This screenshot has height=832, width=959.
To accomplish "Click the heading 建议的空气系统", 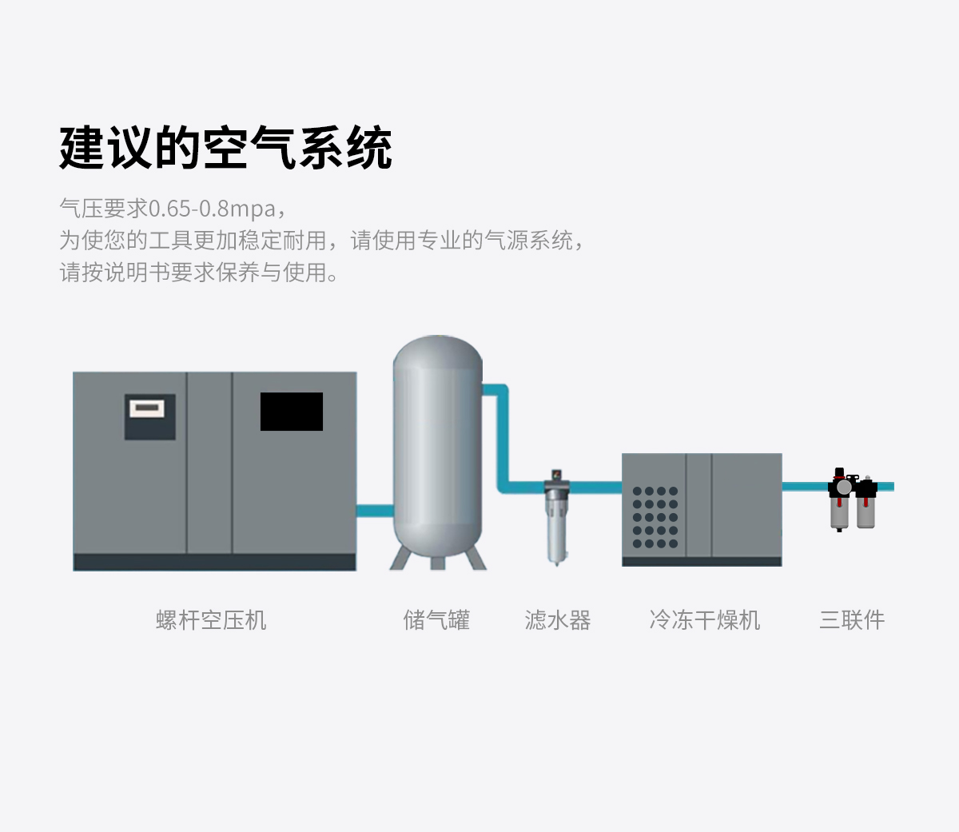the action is (x=225, y=147).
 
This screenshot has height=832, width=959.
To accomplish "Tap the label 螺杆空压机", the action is (x=212, y=620).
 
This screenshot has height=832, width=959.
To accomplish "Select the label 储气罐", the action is (x=436, y=620).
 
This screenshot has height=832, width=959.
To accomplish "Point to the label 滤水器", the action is (x=558, y=620).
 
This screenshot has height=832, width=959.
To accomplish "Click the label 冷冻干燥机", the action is (x=705, y=620).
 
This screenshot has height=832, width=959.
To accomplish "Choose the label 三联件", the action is (x=852, y=620).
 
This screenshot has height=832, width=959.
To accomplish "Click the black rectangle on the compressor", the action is (x=292, y=411).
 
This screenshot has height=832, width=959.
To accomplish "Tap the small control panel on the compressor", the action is (x=150, y=416).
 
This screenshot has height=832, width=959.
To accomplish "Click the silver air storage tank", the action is (x=438, y=445).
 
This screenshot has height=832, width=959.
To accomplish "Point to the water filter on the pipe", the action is (x=557, y=516).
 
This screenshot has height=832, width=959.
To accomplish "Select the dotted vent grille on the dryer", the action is (x=655, y=517).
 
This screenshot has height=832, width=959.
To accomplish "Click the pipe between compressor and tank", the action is (x=375, y=511).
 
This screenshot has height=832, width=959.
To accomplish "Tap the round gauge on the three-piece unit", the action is (x=844, y=488).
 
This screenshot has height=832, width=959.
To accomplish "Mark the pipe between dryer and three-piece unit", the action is (x=805, y=486).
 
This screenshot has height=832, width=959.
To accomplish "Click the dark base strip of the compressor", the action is (x=214, y=562).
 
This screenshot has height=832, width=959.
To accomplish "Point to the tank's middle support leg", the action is (x=438, y=563).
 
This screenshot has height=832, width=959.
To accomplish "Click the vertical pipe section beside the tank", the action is (x=503, y=438).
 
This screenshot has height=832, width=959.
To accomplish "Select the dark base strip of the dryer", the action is (x=702, y=562).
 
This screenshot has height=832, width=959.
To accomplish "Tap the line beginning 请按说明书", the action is (x=199, y=272).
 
